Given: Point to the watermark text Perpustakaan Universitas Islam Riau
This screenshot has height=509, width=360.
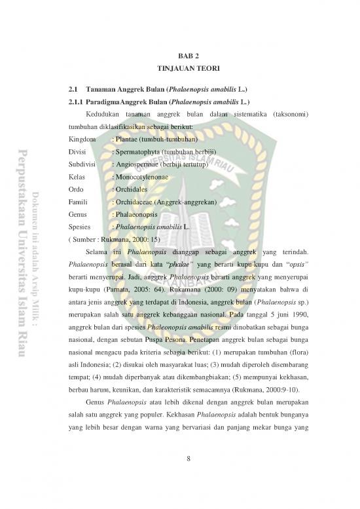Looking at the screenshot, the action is (x=18, y=255).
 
